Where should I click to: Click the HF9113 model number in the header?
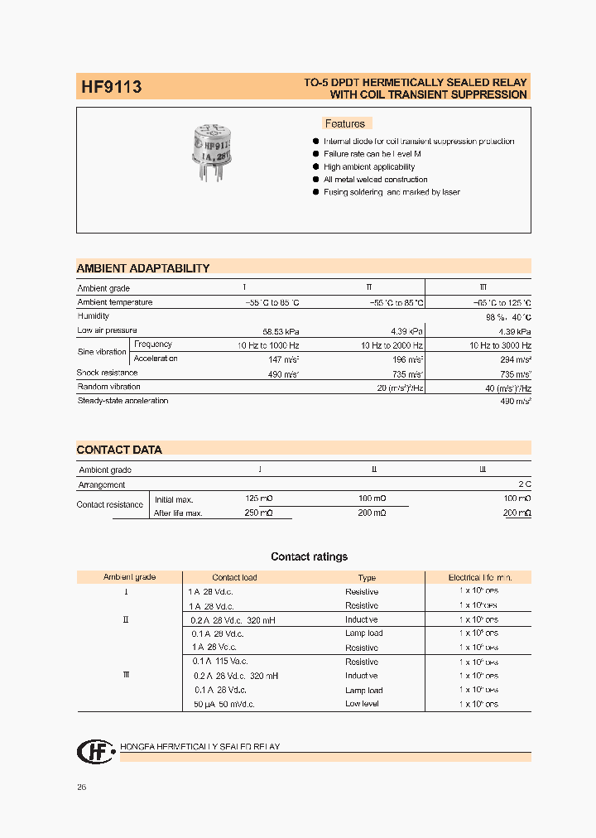pyautogui.click(x=111, y=86)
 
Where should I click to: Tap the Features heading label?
pyautogui.click(x=344, y=123)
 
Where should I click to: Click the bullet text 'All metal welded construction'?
pyautogui.click(x=375, y=179)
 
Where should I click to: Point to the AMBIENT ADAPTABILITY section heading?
pyautogui.click(x=143, y=268)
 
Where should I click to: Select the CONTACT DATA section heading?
pyautogui.click(x=119, y=450)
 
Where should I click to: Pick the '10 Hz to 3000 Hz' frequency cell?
pyautogui.click(x=500, y=344)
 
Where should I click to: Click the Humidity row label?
pyautogui.click(x=94, y=315)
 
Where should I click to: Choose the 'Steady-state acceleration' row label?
pyautogui.click(x=123, y=401)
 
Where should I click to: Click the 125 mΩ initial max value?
pyautogui.click(x=258, y=498)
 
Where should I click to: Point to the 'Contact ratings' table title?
pyautogui.click(x=309, y=556)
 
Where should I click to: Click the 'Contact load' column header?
pyautogui.click(x=234, y=577)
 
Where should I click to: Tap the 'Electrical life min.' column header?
pyautogui.click(x=479, y=577)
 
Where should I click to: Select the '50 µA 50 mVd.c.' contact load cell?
pyautogui.click(x=223, y=704)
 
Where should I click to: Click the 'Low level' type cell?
pyautogui.click(x=362, y=704)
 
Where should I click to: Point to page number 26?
pyautogui.click(x=81, y=787)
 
